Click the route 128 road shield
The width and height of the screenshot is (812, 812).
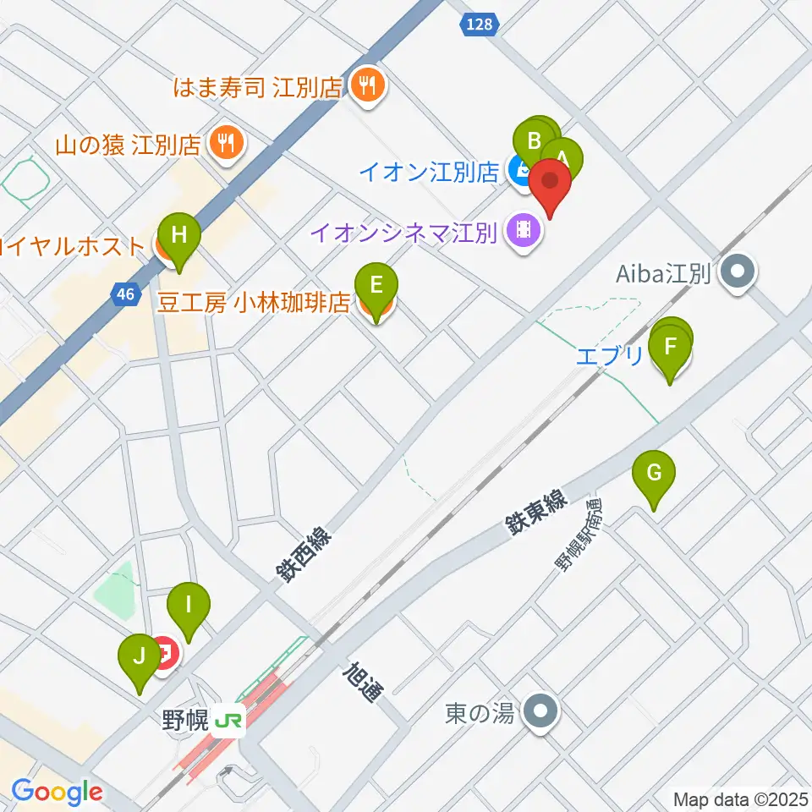pyautogui.click(x=479, y=25)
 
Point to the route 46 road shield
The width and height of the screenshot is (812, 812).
pyautogui.click(x=125, y=294)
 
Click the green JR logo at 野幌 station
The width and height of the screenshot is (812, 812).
pyautogui.click(x=228, y=721)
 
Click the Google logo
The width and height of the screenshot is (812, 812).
pyautogui.click(x=58, y=793)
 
